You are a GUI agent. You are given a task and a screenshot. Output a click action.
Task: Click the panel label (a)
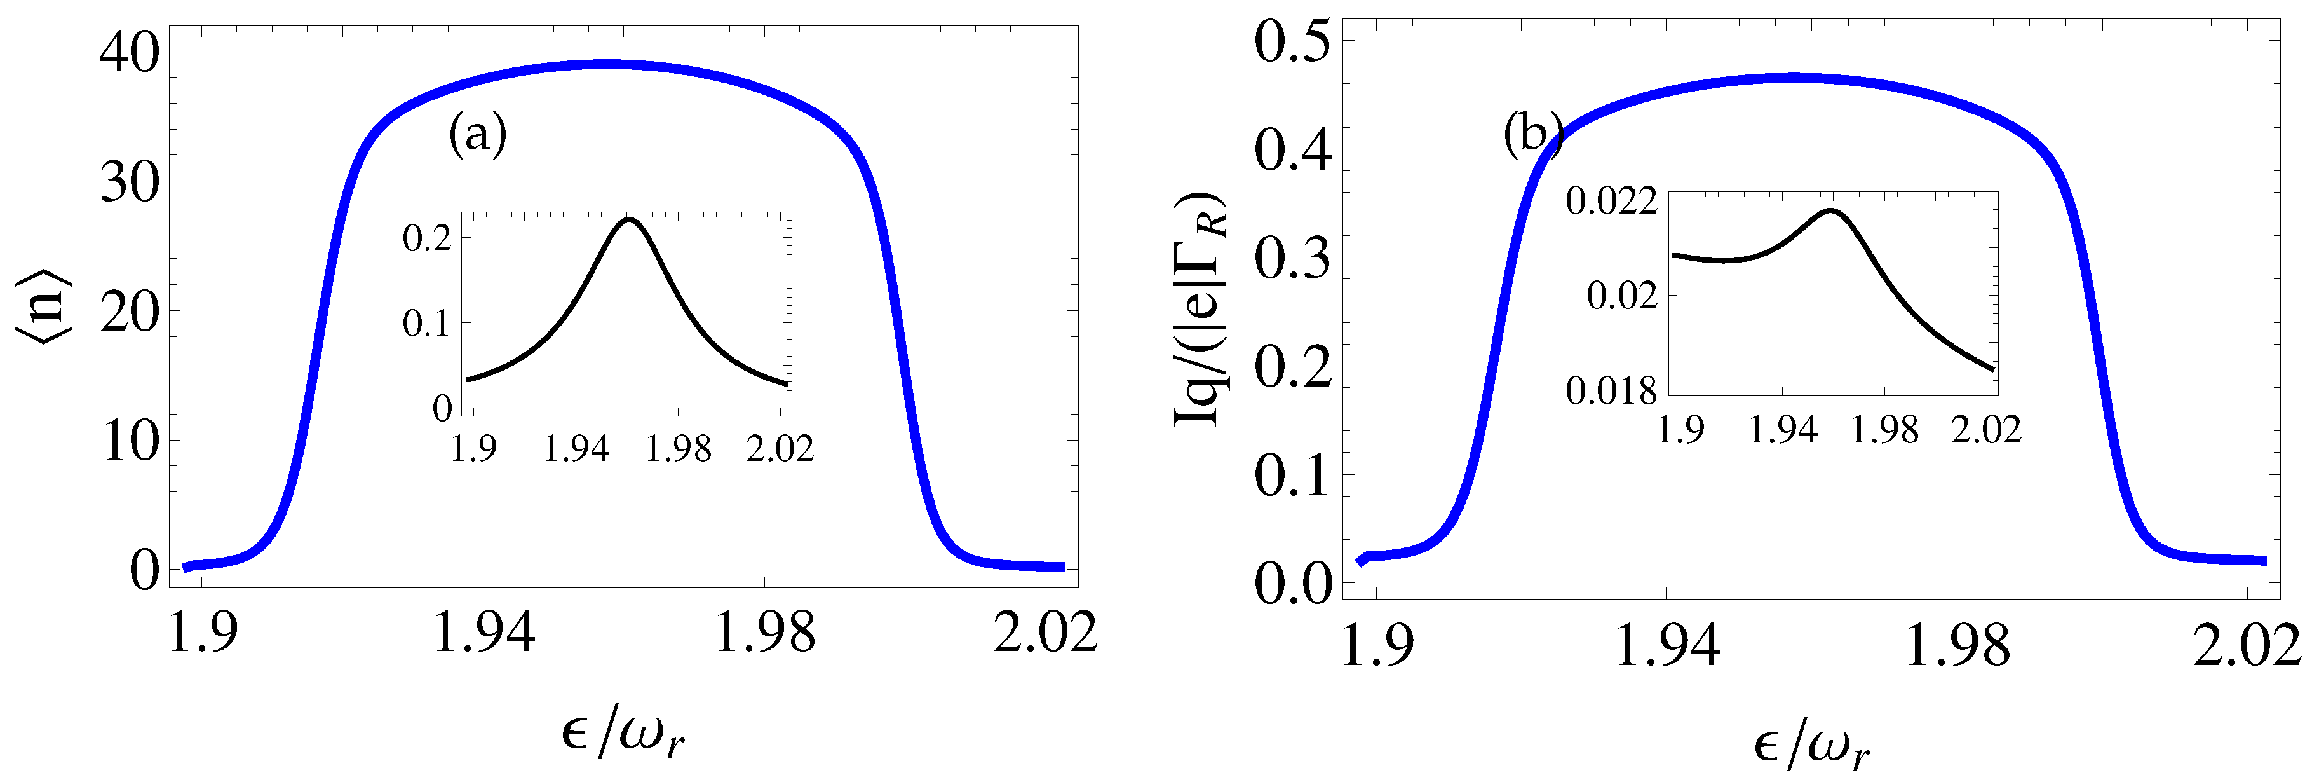(x=478, y=135)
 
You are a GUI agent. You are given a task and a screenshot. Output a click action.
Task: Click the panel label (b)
(x=1533, y=135)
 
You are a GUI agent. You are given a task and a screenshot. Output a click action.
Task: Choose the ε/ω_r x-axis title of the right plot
(x=1812, y=745)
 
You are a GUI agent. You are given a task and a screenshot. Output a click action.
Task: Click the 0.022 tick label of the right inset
(x=1611, y=200)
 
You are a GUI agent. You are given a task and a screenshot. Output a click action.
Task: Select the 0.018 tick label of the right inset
(x=1611, y=390)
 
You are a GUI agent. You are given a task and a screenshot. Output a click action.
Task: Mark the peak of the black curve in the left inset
(x=629, y=219)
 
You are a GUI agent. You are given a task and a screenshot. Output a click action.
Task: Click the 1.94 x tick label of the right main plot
(x=1666, y=645)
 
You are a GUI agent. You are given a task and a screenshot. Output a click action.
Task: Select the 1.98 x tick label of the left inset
(x=679, y=448)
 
